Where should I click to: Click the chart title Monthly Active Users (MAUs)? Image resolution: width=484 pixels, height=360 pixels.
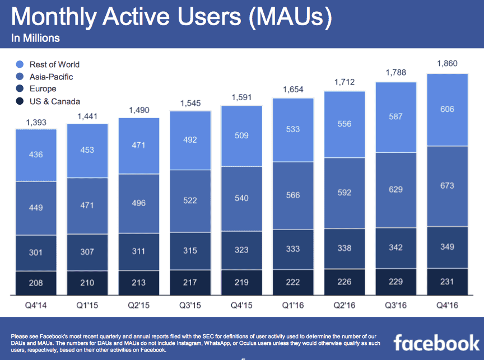point(171,17)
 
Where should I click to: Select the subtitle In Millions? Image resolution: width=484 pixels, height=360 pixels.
point(35,39)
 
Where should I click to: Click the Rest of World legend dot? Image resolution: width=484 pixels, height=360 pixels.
point(20,64)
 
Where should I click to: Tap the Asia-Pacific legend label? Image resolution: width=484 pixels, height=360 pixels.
point(51,77)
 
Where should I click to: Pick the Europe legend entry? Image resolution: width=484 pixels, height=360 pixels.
point(43,89)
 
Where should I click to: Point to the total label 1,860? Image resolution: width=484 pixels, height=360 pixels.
point(447,63)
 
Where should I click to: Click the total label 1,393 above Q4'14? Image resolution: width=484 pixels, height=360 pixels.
point(36,121)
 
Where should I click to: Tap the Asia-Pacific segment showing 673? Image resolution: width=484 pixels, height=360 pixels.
point(447,185)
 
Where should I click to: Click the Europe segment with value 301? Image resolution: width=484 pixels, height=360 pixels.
point(36,253)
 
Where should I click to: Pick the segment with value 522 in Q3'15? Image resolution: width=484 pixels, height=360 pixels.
point(190,200)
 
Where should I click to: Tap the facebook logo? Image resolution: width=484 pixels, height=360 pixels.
point(436,342)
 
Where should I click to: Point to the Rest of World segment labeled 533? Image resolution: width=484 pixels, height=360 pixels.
point(292,129)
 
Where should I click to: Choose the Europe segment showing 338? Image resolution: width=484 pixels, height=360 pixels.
point(344,248)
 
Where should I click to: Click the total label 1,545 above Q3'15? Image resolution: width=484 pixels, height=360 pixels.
point(190,103)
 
